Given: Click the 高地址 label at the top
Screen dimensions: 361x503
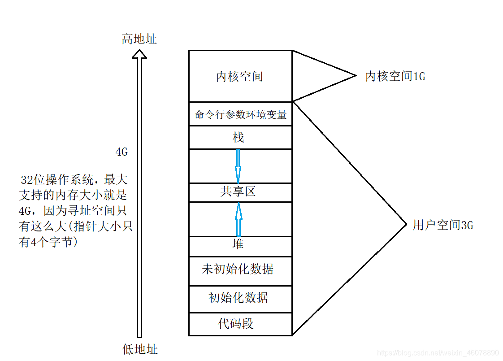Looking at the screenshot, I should (139, 39).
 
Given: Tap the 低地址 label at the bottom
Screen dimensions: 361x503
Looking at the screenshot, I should (140, 349).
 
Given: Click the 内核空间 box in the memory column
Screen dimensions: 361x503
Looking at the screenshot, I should (240, 76).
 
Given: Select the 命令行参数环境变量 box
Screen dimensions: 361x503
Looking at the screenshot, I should (240, 114).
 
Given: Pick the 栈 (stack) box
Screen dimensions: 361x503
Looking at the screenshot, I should (238, 137).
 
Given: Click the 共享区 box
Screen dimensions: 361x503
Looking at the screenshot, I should (238, 192).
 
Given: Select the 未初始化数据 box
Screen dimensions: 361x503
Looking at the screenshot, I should (238, 270).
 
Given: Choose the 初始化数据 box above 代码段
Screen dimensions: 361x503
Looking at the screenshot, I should (238, 297).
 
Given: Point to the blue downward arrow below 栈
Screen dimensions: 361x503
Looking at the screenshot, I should (238, 165).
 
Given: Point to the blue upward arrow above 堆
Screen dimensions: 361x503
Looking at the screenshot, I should (238, 219).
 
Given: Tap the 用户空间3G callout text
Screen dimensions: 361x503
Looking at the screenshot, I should (443, 225).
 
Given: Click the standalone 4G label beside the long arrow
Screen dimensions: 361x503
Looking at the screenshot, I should (121, 152).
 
